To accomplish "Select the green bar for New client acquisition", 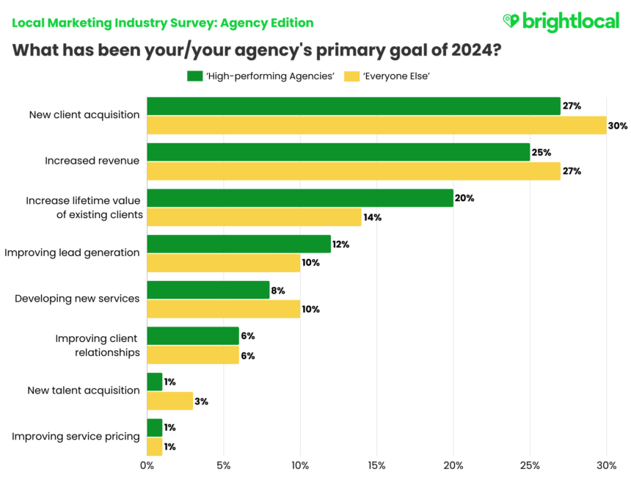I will click(353, 106).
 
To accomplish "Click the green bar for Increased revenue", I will click(338, 152).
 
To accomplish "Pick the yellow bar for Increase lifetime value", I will click(254, 217).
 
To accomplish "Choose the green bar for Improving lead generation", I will click(238, 244).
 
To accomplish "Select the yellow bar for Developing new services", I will click(223, 309).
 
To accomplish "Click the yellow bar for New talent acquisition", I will click(169, 401).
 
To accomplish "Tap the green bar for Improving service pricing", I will click(154, 427).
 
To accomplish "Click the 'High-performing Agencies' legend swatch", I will click(194, 76).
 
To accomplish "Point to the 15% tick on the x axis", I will click(376, 465).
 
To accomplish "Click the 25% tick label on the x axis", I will click(530, 465).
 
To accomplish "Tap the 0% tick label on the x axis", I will click(147, 465).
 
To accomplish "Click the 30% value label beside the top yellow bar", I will click(617, 126).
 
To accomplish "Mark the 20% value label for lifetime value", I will click(464, 198).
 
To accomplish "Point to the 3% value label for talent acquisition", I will click(202, 401).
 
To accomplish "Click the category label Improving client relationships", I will click(97, 345).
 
